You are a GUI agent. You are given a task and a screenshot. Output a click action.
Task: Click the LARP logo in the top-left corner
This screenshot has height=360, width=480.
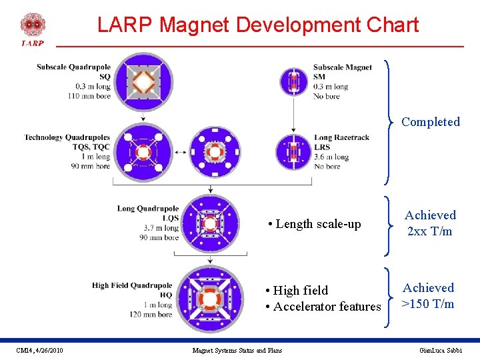[x=33, y=29]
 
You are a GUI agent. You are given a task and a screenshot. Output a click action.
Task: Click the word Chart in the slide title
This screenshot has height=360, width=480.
[x=391, y=25]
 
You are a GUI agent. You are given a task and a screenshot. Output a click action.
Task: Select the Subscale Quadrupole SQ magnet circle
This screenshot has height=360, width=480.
[x=142, y=82]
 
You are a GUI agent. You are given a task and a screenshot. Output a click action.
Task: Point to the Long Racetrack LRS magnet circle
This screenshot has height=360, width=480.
[x=295, y=153]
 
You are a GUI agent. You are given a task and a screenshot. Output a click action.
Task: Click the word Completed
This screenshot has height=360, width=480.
[x=431, y=122]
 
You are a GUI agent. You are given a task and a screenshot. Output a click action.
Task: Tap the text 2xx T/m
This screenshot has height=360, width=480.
[x=430, y=231]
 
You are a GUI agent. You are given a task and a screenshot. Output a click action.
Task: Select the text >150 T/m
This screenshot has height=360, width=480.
[x=429, y=304]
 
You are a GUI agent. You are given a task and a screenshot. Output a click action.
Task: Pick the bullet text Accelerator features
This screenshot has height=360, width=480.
[x=327, y=307]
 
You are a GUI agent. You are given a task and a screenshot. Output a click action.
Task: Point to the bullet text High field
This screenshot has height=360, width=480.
[x=301, y=291]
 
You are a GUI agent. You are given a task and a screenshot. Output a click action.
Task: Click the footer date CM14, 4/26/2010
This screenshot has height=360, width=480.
[x=40, y=351]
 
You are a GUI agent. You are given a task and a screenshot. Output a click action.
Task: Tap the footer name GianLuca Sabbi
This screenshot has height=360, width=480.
[x=441, y=351]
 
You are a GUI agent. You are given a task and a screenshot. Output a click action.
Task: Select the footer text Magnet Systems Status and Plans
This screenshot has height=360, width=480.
[x=237, y=351]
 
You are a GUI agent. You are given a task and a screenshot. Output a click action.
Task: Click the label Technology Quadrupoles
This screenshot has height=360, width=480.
[x=67, y=137]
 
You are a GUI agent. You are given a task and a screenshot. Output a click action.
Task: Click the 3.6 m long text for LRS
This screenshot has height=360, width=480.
[x=331, y=157]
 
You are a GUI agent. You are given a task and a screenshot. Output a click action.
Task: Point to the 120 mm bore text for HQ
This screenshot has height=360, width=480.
[x=151, y=314]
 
